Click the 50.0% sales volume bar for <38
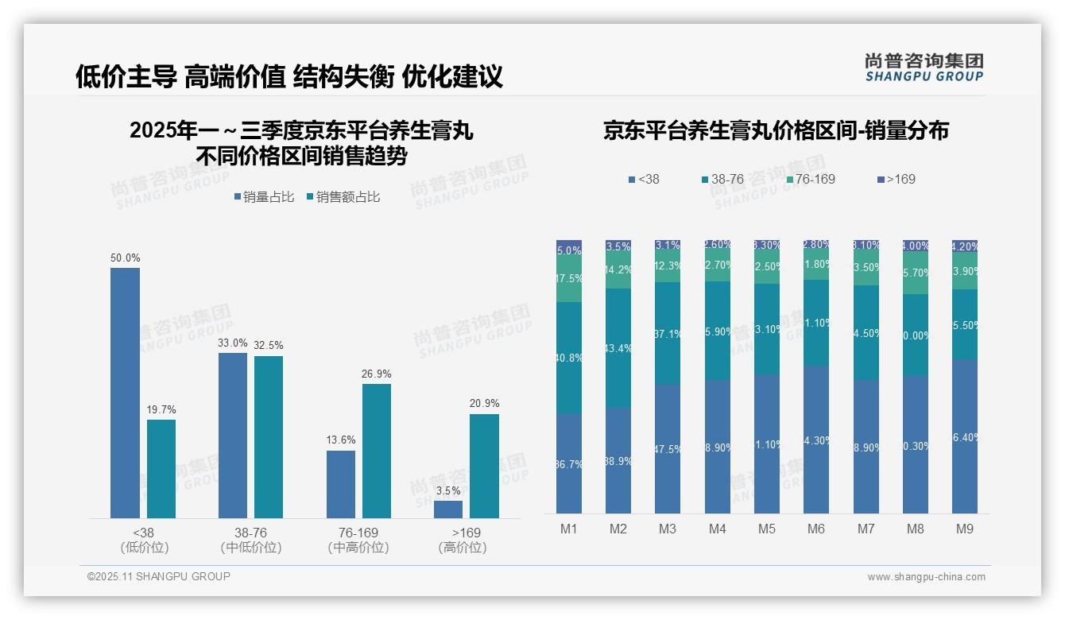[x=125, y=393]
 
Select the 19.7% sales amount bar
[x=161, y=469]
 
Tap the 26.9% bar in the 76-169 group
[x=377, y=451]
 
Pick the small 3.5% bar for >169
[x=448, y=510]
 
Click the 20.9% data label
[x=485, y=404]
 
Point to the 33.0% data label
[x=232, y=343]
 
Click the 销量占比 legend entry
[x=264, y=197]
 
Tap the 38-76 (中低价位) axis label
[x=250, y=540]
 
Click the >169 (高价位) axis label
[x=462, y=540]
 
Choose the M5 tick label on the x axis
[x=766, y=529]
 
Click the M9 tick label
[x=964, y=529]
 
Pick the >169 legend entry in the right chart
[x=894, y=180]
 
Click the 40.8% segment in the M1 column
[x=569, y=358]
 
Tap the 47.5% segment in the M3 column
[x=668, y=449]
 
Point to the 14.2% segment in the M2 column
[x=618, y=270]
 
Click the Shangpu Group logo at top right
[x=924, y=67]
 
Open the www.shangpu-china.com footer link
[x=926, y=577]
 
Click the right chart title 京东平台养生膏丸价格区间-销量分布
[x=776, y=131]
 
